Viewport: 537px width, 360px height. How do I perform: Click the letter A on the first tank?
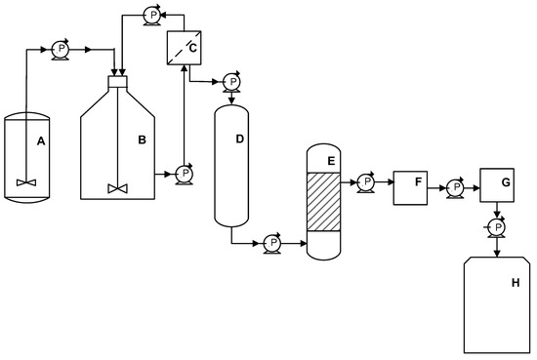41,141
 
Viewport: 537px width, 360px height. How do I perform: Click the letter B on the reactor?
142,141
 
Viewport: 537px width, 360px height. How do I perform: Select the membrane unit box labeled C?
183,47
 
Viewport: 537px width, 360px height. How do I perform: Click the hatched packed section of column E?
326,203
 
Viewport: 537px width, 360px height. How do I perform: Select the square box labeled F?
410,186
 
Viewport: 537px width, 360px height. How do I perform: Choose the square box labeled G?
498,184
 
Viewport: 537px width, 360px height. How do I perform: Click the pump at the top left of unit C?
150,14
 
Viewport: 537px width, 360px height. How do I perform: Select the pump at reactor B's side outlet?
183,176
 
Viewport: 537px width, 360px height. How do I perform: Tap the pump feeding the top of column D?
231,81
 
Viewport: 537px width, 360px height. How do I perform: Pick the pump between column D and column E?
273,243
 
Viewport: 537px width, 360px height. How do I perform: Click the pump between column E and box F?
365,181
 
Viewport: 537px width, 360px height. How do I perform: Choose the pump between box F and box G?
454,183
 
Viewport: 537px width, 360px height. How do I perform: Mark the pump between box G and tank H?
497,227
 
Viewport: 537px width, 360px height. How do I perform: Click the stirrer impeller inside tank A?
25,181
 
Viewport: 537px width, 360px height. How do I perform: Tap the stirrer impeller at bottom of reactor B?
118,186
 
